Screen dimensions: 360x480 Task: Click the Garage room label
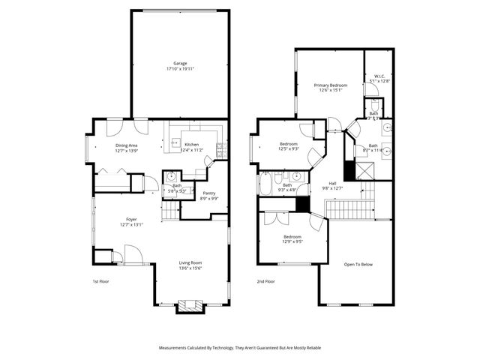pos(179,64)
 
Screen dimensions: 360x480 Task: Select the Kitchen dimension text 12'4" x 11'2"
pos(192,151)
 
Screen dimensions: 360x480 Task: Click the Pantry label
pos(208,193)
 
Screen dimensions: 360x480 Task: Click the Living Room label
pos(190,262)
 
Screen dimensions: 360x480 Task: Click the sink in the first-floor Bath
pos(172,178)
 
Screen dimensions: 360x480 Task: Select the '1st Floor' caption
pos(101,281)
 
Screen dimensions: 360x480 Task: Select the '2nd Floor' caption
pos(265,281)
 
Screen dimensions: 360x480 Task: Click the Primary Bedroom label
pos(330,85)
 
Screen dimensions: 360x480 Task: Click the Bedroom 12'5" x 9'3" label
pos(289,144)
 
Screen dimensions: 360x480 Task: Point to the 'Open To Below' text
pos(358,265)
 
